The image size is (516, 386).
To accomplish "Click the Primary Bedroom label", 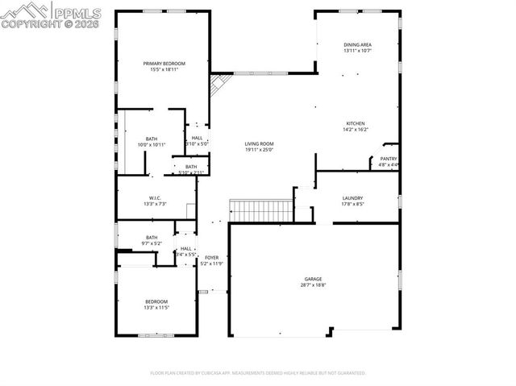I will coord(164,64).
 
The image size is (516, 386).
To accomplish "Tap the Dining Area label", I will coord(357,45).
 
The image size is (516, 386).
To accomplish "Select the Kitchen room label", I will coord(356,123).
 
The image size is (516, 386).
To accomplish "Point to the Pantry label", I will coord(388,159).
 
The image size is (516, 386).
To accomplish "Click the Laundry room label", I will coord(352,198).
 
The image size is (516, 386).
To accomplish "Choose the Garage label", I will coord(312,278).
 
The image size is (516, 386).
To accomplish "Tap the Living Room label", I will coord(259,144).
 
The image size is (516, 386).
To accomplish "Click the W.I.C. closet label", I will coord(156,198).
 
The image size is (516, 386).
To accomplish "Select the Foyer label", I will coord(211,258).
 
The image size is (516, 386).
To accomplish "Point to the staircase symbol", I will coord(261,211).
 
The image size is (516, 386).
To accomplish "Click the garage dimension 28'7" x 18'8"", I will coord(312,284).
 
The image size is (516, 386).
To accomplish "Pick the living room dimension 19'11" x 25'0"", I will coord(259,150).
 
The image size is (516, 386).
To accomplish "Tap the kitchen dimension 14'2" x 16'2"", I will coord(356,129).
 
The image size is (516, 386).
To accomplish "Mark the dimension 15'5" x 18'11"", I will coord(164,70).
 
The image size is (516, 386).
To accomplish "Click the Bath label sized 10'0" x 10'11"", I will coord(152,139).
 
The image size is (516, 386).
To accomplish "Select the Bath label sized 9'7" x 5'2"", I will coord(152,237).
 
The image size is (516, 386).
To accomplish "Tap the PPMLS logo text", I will coord(77,11).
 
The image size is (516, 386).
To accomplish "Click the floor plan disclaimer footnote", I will coord(258,373).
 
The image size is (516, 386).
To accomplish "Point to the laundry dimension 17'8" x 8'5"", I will coord(352,204).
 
